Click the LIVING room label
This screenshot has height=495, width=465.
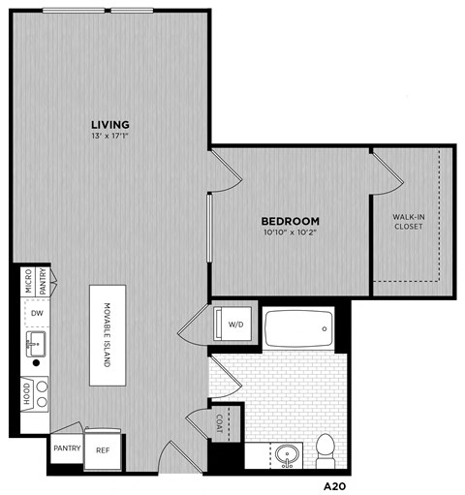(x=109, y=124)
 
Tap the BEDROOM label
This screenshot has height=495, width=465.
(x=291, y=220)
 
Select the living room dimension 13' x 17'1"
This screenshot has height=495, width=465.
(x=109, y=138)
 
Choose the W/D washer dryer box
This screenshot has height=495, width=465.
(x=235, y=324)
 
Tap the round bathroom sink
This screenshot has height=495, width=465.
(x=286, y=453)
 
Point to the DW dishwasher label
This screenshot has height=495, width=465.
(x=36, y=313)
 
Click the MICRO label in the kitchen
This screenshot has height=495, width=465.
(x=29, y=281)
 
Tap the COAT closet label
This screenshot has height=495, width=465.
(x=222, y=422)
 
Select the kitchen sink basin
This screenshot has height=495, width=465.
(x=37, y=341)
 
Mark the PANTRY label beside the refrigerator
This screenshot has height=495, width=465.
(x=66, y=449)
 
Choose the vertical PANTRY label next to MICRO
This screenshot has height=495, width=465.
(x=43, y=281)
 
